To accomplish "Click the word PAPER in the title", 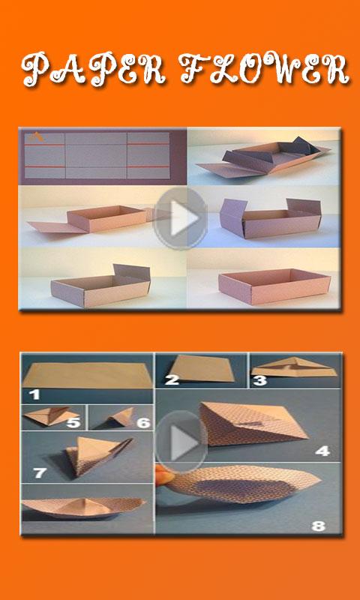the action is (x=94, y=69).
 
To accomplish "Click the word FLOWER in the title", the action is (x=264, y=69).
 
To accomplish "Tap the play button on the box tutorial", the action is (x=181, y=218).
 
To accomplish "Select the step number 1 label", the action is (x=34, y=394).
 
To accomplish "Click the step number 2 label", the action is (x=172, y=380).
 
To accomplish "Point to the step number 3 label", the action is (x=259, y=380).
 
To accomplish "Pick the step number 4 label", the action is (x=322, y=451).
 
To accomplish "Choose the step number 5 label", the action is (x=73, y=422).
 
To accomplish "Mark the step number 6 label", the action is (x=143, y=422).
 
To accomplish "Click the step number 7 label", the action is (x=40, y=473).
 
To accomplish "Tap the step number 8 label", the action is (x=318, y=526).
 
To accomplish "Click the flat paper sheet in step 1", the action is (x=87, y=376).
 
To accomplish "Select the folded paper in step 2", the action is (x=202, y=369).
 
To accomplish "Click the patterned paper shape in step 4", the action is (x=250, y=424).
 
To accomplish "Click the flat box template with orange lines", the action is (x=97, y=155).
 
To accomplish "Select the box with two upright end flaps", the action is (x=271, y=218).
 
